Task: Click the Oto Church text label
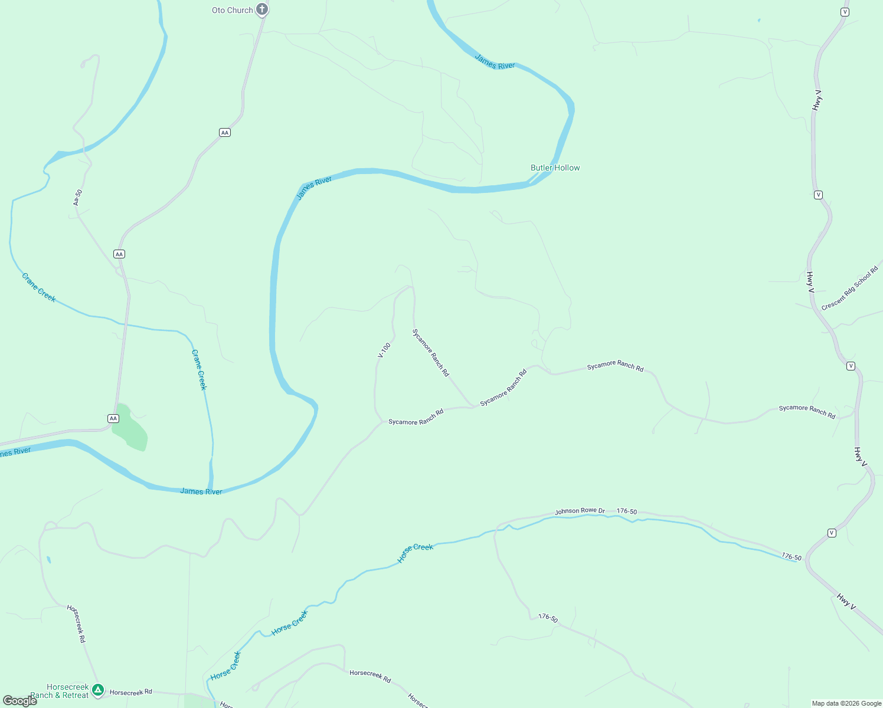pyautogui.click(x=232, y=10)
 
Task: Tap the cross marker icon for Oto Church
pyautogui.click(x=262, y=9)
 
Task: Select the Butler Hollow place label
pyautogui.click(x=555, y=168)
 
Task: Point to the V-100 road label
pyautogui.click(x=384, y=350)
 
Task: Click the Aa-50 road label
pyautogui.click(x=78, y=197)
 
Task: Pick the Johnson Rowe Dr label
pyautogui.click(x=580, y=511)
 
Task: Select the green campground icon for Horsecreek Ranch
pyautogui.click(x=98, y=689)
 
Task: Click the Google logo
pyautogui.click(x=19, y=700)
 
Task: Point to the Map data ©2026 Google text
pyautogui.click(x=846, y=703)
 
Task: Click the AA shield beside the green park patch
pyautogui.click(x=113, y=418)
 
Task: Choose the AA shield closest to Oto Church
pyautogui.click(x=224, y=133)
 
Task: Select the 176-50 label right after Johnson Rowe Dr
pyautogui.click(x=626, y=512)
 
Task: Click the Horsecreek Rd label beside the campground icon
pyautogui.click(x=131, y=692)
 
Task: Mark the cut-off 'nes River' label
pyautogui.click(x=15, y=453)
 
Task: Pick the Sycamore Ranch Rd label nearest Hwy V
pyautogui.click(x=807, y=412)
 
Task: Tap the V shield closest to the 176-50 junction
pyautogui.click(x=832, y=533)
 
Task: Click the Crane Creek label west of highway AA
pyautogui.click(x=39, y=288)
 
